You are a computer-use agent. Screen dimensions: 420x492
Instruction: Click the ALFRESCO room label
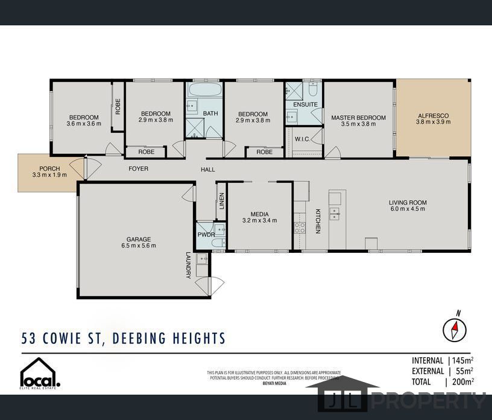pyautogui.click(x=433, y=115)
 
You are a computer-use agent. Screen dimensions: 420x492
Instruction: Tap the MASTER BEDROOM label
pyautogui.click(x=358, y=118)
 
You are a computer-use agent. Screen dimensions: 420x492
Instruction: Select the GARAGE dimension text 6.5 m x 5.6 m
pyautogui.click(x=139, y=246)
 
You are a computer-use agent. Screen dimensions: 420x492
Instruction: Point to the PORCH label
pyautogui.click(x=49, y=168)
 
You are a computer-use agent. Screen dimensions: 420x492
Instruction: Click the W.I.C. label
pyautogui.click(x=302, y=139)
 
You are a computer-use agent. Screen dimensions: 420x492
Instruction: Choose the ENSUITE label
pyautogui.click(x=305, y=104)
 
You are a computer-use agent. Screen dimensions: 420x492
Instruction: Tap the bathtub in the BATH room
pyautogui.click(x=205, y=91)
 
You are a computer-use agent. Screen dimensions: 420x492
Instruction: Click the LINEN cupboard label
pyautogui.click(x=222, y=201)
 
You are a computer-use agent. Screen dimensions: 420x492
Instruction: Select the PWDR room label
pyautogui.click(x=206, y=235)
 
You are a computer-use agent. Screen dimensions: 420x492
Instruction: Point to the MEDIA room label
pyautogui.click(x=259, y=214)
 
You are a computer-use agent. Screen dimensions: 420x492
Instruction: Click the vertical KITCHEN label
pyautogui.click(x=318, y=221)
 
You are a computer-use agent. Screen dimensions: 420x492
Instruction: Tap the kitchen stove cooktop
pyautogui.click(x=300, y=227)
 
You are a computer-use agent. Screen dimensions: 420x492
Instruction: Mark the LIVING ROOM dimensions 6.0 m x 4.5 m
pyautogui.click(x=408, y=209)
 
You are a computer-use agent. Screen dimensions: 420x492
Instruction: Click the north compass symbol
pyautogui.click(x=455, y=329)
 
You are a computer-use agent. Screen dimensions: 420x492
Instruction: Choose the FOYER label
pyautogui.click(x=138, y=169)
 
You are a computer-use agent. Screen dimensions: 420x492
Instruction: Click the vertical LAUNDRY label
pyautogui.click(x=188, y=265)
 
